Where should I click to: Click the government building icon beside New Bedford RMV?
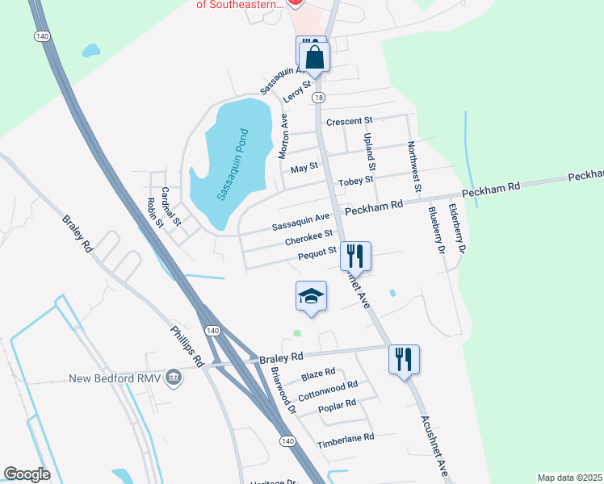point(173,378)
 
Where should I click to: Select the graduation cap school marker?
point(311,297)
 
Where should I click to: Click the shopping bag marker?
point(314,57)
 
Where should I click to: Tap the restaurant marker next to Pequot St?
point(355,256)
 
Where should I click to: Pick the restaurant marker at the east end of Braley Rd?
point(404,359)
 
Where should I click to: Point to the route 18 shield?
point(320,97)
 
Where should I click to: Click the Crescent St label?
point(349,121)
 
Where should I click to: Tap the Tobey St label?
point(355,181)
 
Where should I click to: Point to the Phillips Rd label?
point(187,344)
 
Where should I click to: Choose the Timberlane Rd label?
point(346,437)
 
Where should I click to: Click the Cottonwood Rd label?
point(327,392)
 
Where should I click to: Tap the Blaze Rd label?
point(317,373)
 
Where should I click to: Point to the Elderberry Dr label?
point(457,228)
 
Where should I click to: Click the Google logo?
point(27,474)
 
